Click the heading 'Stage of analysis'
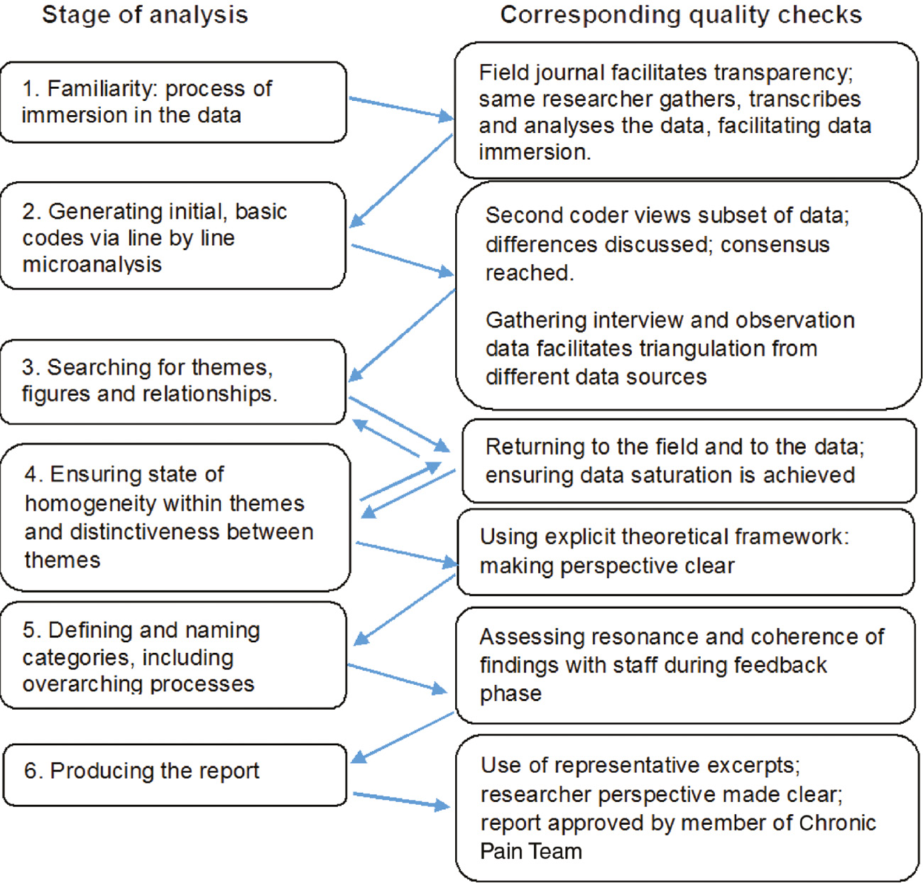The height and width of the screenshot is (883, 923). tap(145, 15)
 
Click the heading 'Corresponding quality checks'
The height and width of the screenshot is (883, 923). tap(681, 15)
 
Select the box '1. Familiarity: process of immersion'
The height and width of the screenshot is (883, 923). tap(173, 102)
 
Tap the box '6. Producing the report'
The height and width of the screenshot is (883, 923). tap(175, 774)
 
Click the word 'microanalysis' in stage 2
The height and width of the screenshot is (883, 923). tap(92, 264)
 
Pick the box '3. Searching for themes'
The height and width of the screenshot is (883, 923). tap(173, 381)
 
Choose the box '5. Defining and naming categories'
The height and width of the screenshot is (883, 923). tap(173, 656)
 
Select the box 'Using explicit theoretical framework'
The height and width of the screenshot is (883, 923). tap(685, 551)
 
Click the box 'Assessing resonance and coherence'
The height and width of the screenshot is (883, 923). tap(685, 665)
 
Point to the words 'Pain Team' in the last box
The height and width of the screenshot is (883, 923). tap(531, 851)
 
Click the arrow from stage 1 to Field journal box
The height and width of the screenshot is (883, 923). tap(400, 107)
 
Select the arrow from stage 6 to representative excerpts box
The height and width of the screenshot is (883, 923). tap(401, 800)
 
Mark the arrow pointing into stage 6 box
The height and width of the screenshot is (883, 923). tap(402, 737)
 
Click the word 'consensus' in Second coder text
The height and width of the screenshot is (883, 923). tap(775, 244)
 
